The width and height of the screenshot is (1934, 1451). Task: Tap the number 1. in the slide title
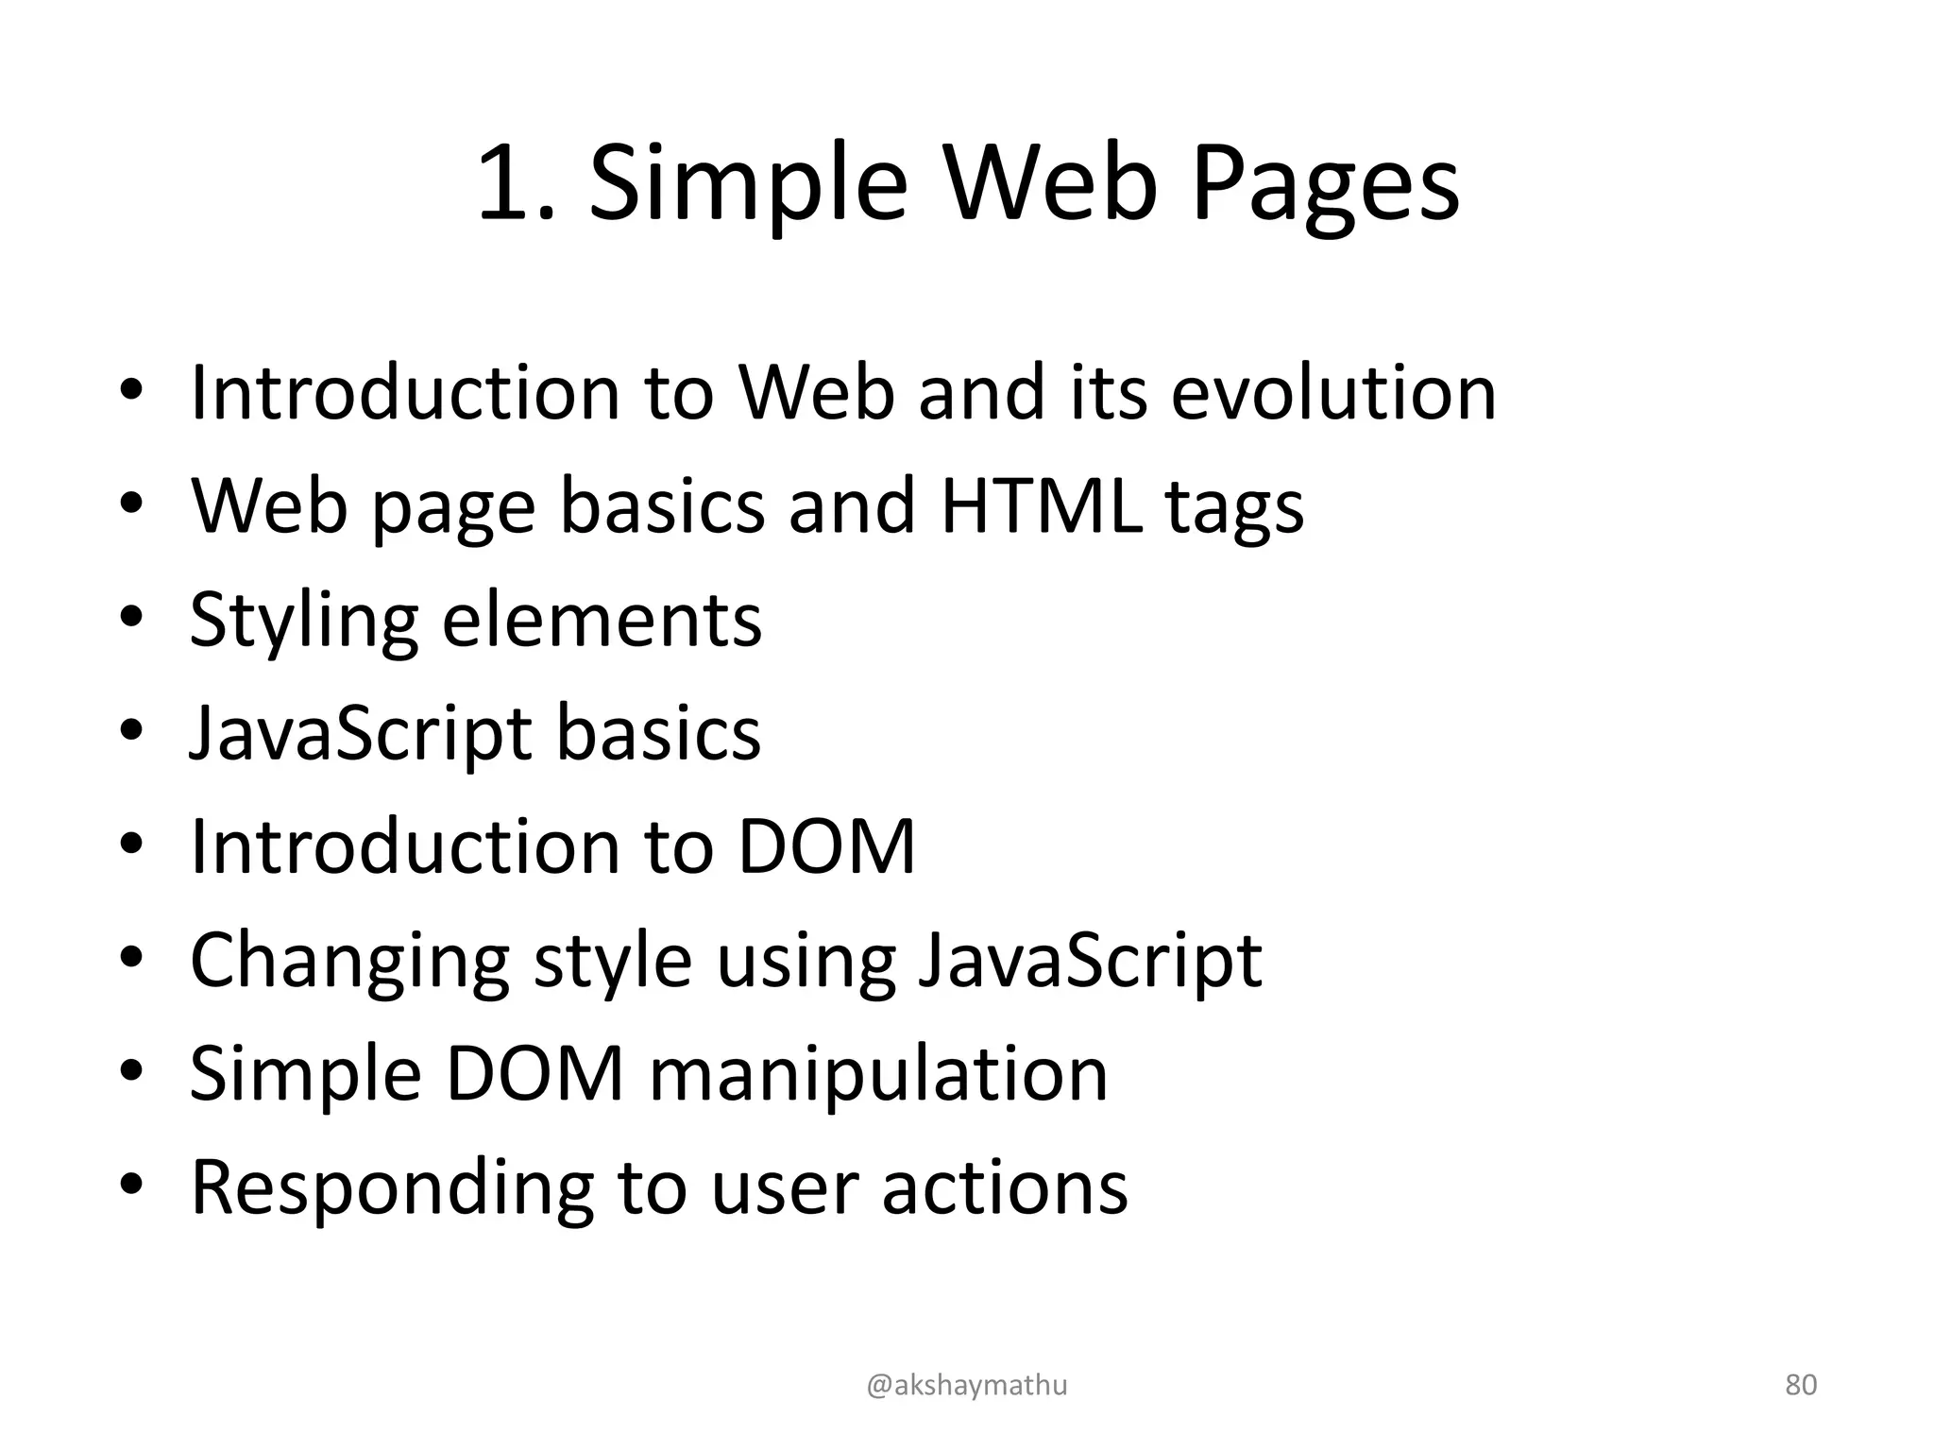tap(515, 185)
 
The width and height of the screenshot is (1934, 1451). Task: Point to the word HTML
tap(1041, 506)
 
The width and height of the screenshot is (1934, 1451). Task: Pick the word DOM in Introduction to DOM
tap(825, 846)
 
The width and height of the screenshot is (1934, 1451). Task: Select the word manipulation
tap(878, 1075)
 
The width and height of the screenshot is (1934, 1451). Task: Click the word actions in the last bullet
tap(1005, 1188)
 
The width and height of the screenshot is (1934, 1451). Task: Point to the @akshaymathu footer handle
tap(967, 1385)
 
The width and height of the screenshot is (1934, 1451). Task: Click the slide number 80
tap(1801, 1385)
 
